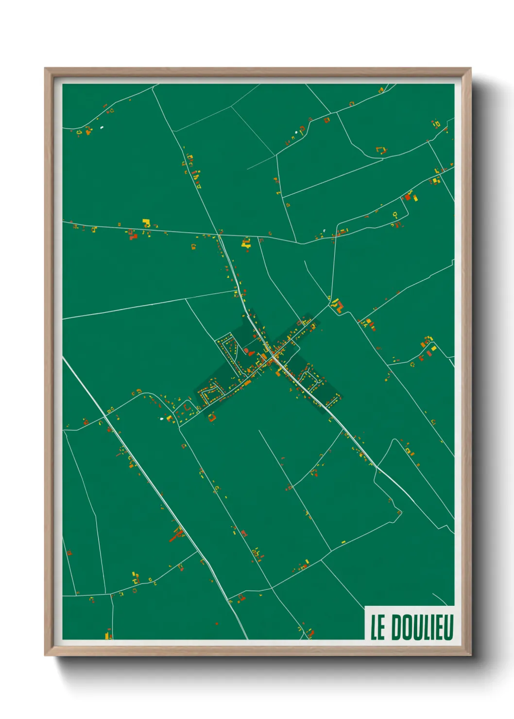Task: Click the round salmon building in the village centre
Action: pyautogui.click(x=246, y=350)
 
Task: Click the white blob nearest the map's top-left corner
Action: pyautogui.click(x=102, y=128)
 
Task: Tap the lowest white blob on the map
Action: pyautogui.click(x=162, y=418)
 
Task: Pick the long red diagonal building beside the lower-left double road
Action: pyautogui.click(x=175, y=536)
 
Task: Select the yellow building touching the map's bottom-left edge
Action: pyautogui.click(x=108, y=635)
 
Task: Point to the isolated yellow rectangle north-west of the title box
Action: pyautogui.click(x=343, y=542)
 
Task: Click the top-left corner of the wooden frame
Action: pyautogui.click(x=46, y=68)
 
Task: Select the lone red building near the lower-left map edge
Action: pyautogui.click(x=69, y=552)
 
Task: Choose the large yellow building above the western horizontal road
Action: pyautogui.click(x=145, y=223)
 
